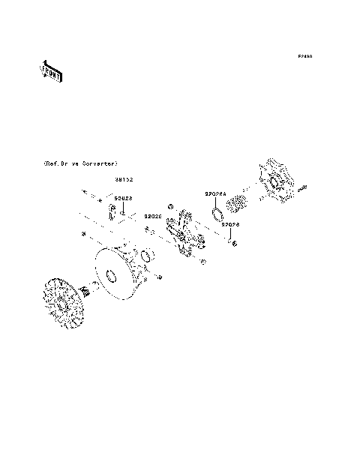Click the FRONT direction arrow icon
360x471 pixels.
[51, 70]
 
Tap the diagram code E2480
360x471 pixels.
[304, 56]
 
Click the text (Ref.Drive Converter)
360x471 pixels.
[80, 163]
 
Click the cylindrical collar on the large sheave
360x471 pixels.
[143, 263]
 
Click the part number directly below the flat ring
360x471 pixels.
[229, 224]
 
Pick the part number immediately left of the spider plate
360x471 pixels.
[153, 216]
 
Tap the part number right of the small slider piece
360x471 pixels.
[124, 199]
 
